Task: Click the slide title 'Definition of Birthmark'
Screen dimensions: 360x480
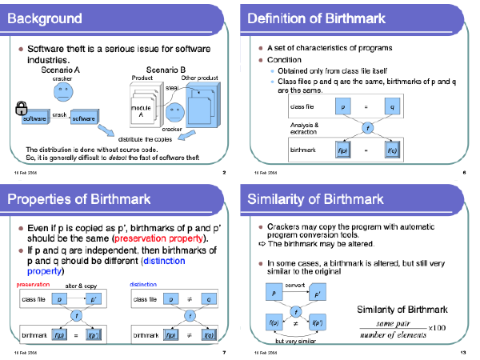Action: click(x=317, y=18)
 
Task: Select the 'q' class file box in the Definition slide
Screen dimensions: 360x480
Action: click(x=393, y=106)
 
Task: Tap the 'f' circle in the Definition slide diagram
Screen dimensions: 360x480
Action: click(x=368, y=128)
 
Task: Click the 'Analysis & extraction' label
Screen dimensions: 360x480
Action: click(x=304, y=127)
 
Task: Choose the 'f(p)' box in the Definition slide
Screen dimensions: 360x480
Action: click(x=342, y=150)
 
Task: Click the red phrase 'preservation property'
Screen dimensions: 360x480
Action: click(x=160, y=238)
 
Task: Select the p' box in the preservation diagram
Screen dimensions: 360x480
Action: click(x=93, y=299)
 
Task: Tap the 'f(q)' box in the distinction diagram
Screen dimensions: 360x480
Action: click(x=209, y=336)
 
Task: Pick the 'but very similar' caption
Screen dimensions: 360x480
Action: click(x=297, y=342)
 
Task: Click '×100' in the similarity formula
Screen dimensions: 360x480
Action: click(x=436, y=327)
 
